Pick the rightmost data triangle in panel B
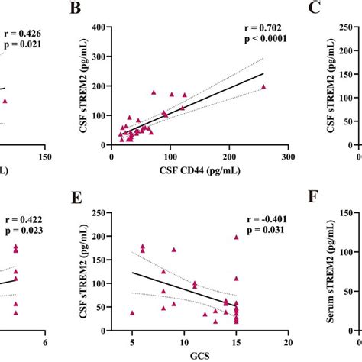(x=264, y=86)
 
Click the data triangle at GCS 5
(x=132, y=313)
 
